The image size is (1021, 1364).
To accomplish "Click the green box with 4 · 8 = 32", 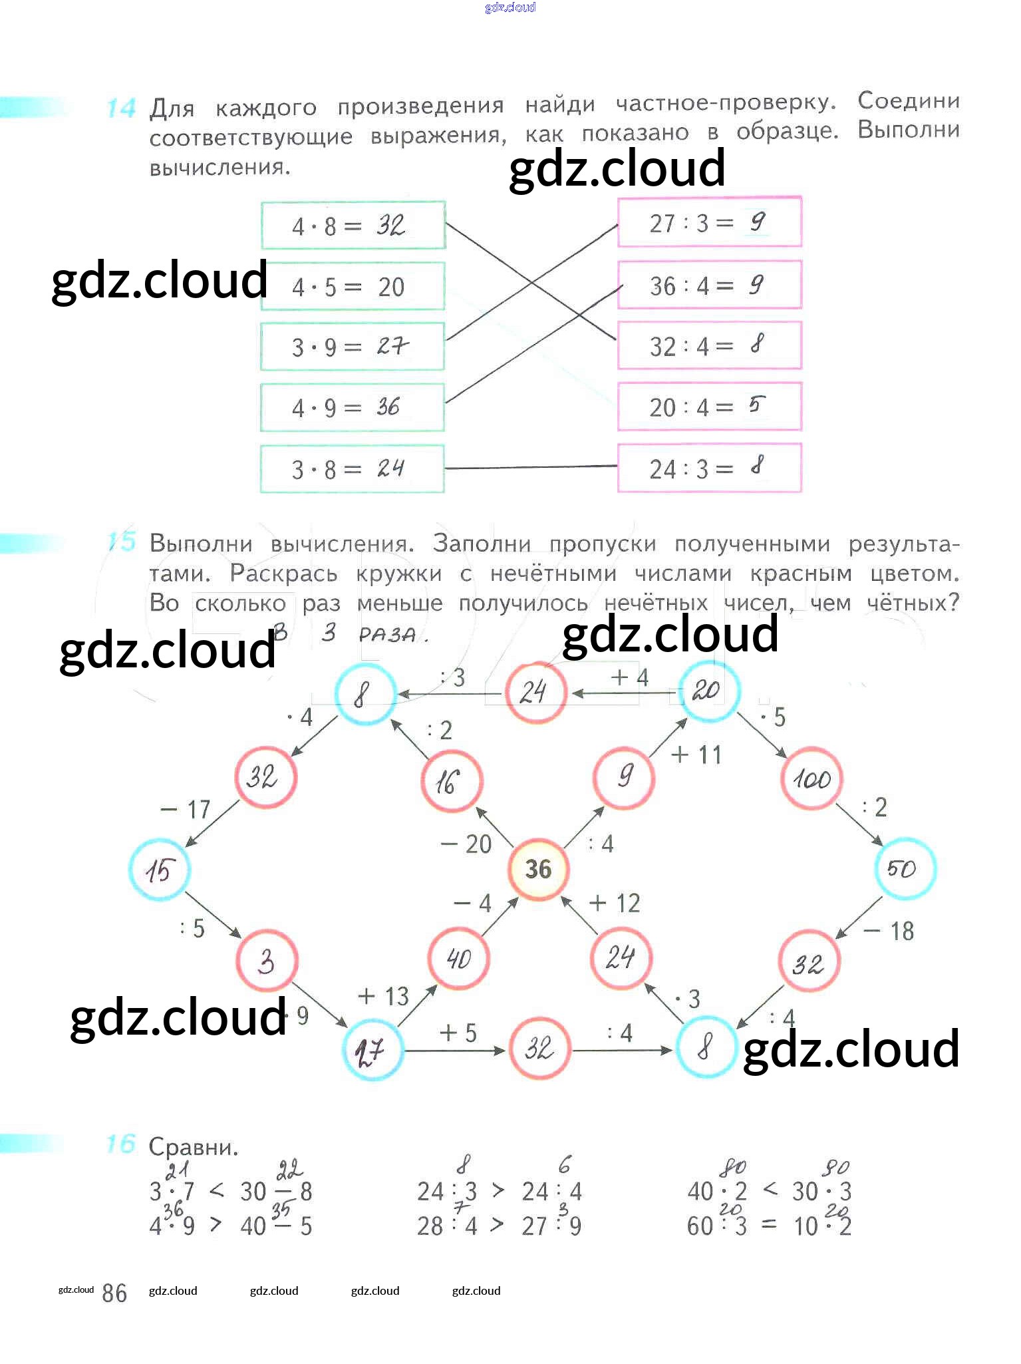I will click(x=353, y=226).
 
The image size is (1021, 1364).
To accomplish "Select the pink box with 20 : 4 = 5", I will click(x=709, y=407).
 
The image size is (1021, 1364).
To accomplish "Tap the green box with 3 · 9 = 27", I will click(x=353, y=347).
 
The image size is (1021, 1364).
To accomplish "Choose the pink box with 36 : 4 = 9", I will click(x=709, y=285).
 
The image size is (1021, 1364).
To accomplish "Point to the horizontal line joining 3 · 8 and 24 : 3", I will click(x=531, y=468).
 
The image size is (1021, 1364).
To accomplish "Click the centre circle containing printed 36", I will click(x=538, y=869).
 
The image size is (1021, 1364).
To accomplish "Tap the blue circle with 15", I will click(x=160, y=870).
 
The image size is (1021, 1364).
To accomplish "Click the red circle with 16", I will click(x=451, y=782).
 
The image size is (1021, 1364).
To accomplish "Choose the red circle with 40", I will click(x=459, y=959).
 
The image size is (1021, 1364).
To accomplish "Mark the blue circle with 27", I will click(x=372, y=1051).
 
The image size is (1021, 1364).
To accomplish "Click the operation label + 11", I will click(x=696, y=755).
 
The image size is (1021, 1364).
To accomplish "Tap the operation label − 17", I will click(x=186, y=810).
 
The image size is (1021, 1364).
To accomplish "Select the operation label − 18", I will click(x=889, y=931).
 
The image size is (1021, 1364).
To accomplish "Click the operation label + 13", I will click(x=383, y=996).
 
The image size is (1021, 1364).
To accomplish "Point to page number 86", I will click(x=114, y=1293).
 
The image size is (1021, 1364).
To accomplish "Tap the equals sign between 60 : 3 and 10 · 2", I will click(x=768, y=1225).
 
